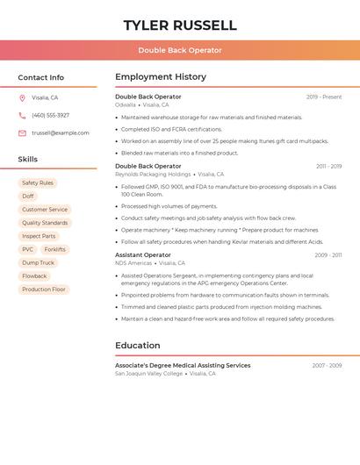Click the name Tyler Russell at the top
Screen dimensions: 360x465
(180, 25)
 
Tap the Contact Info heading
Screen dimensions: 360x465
(40, 77)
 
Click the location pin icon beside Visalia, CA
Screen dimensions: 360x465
(22, 98)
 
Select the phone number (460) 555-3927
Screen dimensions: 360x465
(50, 116)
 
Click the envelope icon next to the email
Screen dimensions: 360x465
(22, 133)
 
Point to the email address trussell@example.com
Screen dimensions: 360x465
(61, 133)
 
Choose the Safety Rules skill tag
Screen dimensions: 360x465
(38, 183)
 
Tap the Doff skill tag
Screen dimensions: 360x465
(28, 197)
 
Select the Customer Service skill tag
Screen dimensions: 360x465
(45, 210)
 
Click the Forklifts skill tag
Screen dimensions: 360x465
(54, 250)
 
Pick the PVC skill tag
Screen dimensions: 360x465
(28, 250)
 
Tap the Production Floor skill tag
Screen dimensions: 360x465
(44, 290)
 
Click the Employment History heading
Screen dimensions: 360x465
(161, 77)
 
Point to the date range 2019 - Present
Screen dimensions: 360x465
(324, 97)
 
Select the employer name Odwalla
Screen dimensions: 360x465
(126, 105)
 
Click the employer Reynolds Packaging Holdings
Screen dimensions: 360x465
(153, 175)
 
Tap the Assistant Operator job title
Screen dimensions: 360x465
(143, 255)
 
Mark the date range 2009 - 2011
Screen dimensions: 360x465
(328, 255)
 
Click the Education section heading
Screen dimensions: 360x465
(138, 346)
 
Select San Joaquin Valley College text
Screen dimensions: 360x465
(149, 374)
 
